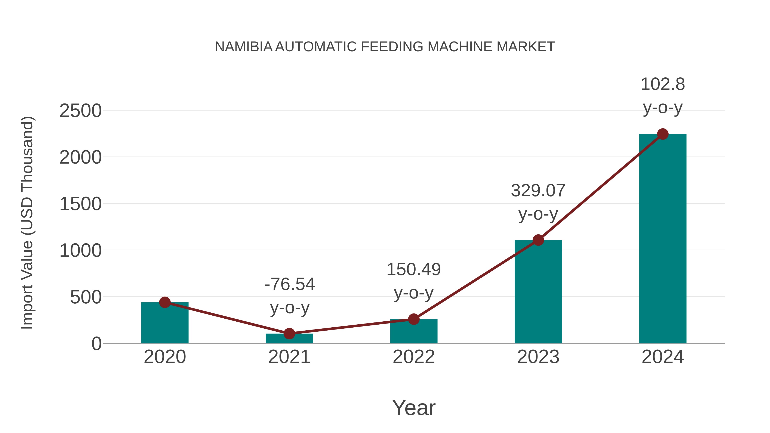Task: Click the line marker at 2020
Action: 165,302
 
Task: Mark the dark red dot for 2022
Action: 414,319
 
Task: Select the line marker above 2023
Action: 538,240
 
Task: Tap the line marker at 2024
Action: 663,134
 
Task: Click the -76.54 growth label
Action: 290,284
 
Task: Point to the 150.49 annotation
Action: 414,270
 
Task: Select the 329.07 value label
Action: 538,191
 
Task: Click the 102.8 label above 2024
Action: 663,84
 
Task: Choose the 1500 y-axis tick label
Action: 80,204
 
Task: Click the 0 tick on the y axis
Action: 96,344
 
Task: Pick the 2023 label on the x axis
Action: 538,357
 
